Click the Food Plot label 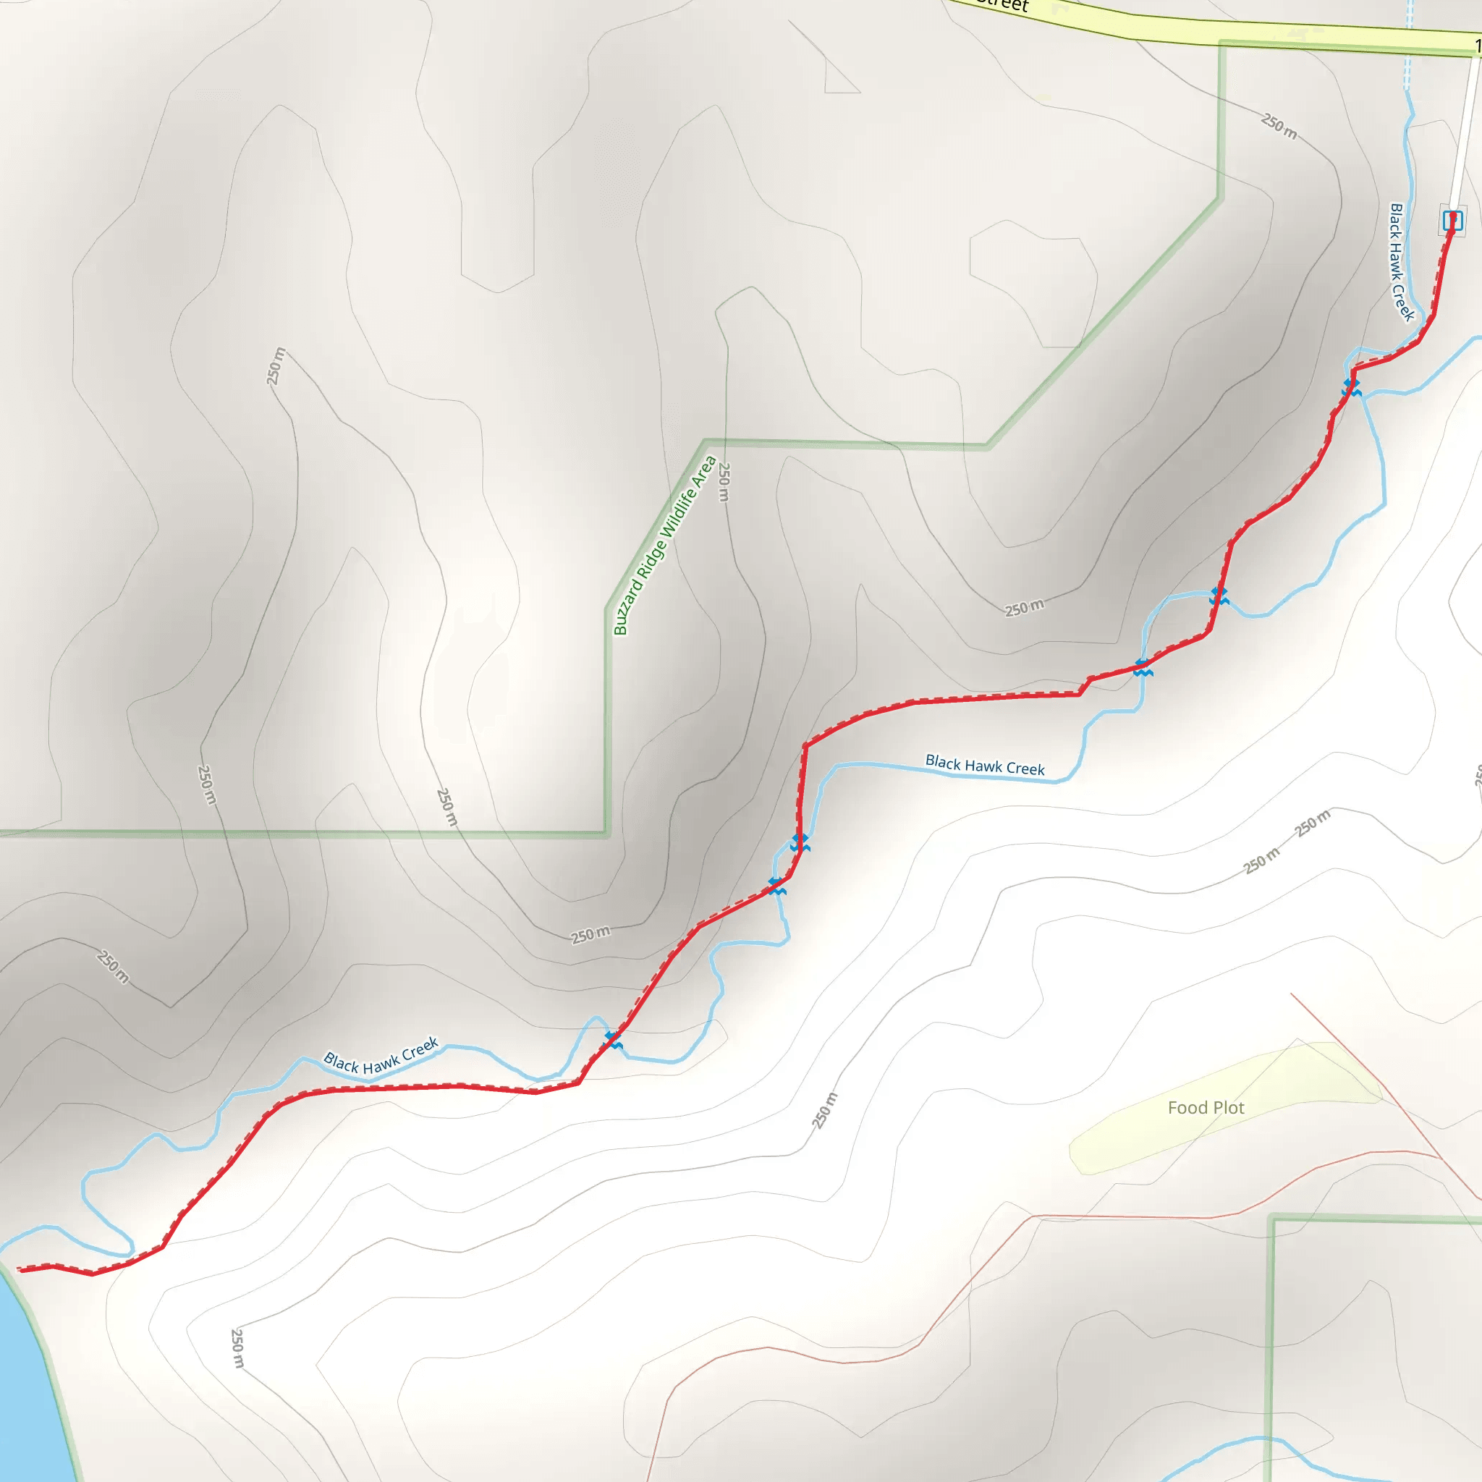point(1206,1108)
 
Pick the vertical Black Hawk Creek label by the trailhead point(1402,263)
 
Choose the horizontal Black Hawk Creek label point(985,766)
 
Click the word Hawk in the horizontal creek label point(984,766)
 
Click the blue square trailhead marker point(1452,221)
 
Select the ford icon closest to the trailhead point(1352,386)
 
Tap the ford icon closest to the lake point(614,1040)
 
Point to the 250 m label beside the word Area point(724,482)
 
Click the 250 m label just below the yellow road point(1279,127)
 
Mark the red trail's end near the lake point(20,1269)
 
